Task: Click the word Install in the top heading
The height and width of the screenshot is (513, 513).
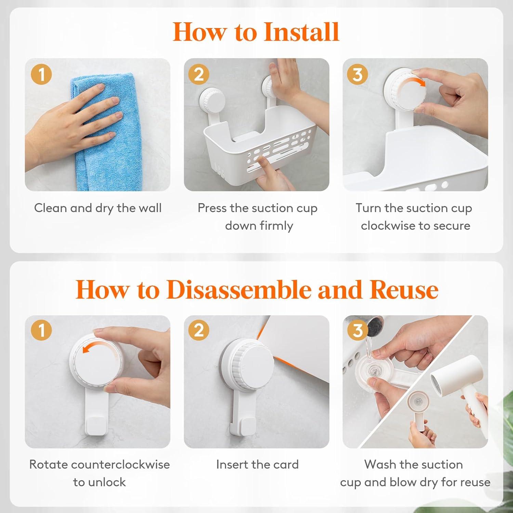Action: coord(301,32)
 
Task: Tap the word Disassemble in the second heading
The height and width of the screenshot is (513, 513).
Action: coord(239,289)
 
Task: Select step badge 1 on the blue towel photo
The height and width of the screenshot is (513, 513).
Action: coord(41,74)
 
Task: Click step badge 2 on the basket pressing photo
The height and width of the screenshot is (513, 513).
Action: coord(199,74)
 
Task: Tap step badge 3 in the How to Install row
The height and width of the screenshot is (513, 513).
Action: coord(357,74)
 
